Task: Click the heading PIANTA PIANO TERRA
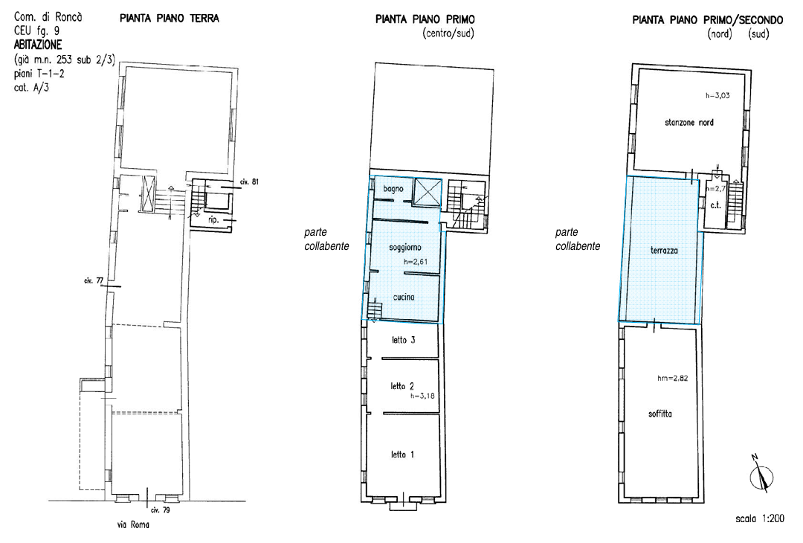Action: coord(169,19)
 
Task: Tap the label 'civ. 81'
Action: coord(249,181)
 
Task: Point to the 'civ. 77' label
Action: coord(94,280)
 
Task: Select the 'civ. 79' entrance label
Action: coord(161,510)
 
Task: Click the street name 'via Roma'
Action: coord(132,524)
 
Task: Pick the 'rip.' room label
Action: coord(213,219)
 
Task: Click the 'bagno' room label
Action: coord(393,189)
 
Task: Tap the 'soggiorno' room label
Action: coord(405,248)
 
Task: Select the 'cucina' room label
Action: coord(404,297)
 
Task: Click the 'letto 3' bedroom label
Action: coord(403,340)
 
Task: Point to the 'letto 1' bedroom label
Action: coord(402,454)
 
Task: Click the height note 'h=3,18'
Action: coord(422,396)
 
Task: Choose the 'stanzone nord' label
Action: coord(688,123)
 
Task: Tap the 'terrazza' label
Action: coord(664,251)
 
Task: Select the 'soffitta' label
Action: coord(660,414)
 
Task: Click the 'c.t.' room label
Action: coord(715,205)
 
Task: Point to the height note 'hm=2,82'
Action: coord(672,379)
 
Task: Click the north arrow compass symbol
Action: coord(761,475)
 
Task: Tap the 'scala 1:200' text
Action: coord(759,518)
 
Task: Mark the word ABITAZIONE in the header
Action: coord(38,45)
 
